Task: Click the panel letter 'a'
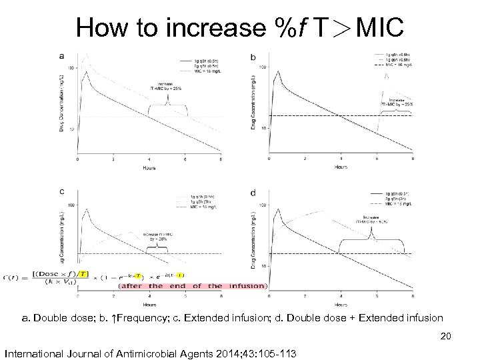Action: [62, 55]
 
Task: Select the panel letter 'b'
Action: [253, 57]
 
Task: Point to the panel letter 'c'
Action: [62, 191]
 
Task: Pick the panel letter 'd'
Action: [253, 193]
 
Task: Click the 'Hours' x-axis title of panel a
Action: [149, 168]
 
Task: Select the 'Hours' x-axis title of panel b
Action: [340, 167]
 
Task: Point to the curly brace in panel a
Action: [167, 105]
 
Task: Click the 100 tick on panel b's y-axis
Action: [263, 67]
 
